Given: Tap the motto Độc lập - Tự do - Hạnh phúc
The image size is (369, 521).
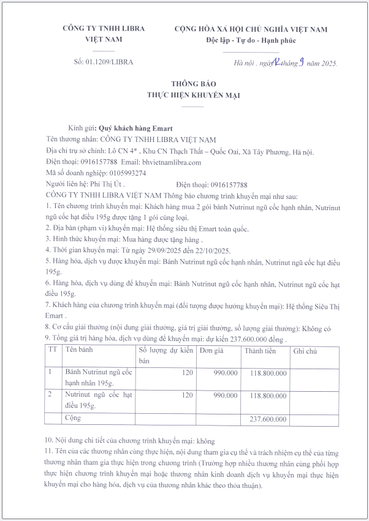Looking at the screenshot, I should point(251,40).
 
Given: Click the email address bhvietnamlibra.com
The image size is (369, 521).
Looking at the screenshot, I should point(171,162).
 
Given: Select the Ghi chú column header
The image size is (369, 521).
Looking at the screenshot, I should point(305,351).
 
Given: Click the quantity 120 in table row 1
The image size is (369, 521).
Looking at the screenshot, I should point(187,373).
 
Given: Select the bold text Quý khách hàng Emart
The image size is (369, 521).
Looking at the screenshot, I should point(136,129).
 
